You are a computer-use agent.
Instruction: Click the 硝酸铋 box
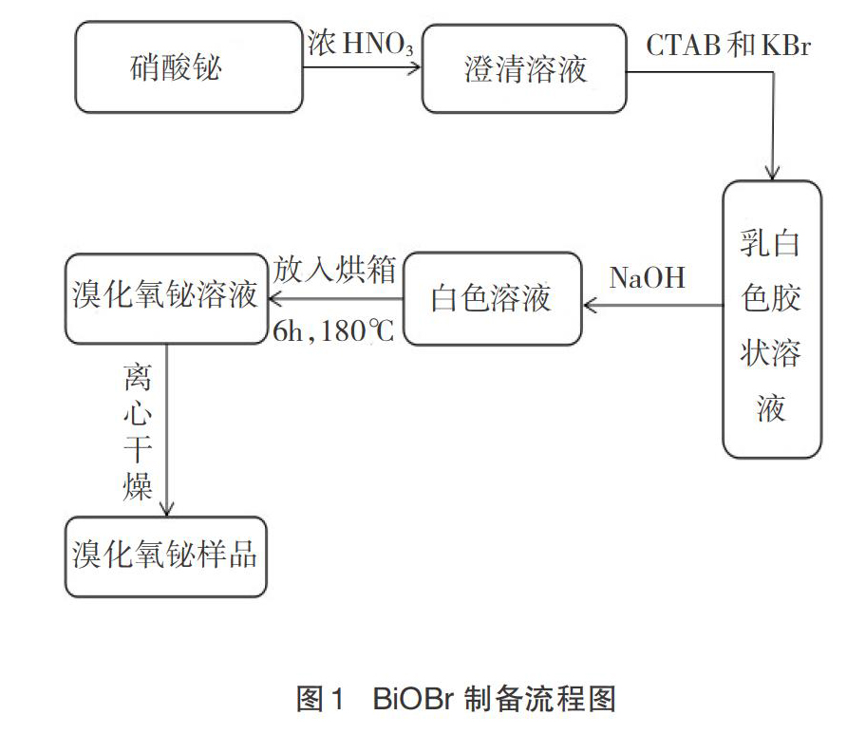tap(189, 67)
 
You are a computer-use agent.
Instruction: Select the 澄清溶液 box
tap(524, 68)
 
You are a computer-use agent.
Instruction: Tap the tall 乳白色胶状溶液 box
tap(772, 319)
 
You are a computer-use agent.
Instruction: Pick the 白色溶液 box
tap(493, 298)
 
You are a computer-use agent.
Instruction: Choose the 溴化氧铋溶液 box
tap(166, 299)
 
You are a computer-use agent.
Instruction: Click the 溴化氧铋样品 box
tap(166, 556)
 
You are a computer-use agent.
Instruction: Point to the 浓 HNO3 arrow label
tap(360, 44)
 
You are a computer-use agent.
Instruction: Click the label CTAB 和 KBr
tap(728, 45)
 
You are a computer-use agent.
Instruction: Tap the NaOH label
tap(648, 277)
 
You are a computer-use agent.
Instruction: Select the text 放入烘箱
tap(334, 269)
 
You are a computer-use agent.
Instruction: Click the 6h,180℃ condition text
tap(333, 330)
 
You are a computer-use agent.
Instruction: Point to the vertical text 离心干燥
tap(137, 432)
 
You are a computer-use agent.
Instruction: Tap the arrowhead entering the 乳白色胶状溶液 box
tap(772, 174)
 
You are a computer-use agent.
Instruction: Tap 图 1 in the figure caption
tap(320, 698)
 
